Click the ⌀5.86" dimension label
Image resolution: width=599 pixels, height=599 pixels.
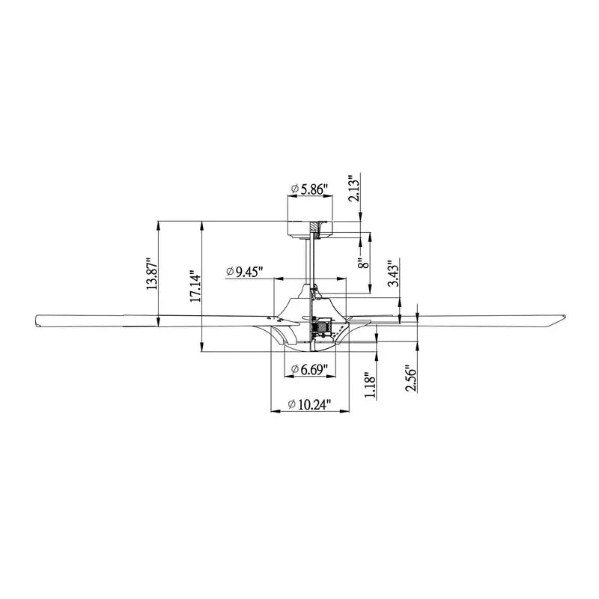point(309,190)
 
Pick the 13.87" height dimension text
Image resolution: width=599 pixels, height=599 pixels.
point(152,273)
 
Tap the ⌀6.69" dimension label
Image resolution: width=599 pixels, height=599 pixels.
point(309,369)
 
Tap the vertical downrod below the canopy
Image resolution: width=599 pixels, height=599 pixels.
point(308,258)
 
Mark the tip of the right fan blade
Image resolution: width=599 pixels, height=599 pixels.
point(561,320)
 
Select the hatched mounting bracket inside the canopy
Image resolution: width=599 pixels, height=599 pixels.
point(317,228)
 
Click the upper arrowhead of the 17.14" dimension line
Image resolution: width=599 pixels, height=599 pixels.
point(202,224)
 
